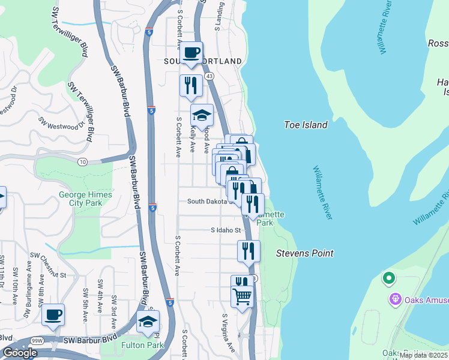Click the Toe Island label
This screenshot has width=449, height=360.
[x=306, y=125]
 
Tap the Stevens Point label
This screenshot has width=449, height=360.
[x=304, y=253]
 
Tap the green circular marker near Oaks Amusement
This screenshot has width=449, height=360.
[x=388, y=278]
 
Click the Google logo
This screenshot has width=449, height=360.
[x=20, y=353]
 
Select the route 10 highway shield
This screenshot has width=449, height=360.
[x=82, y=161]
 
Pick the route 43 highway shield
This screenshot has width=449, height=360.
[x=209, y=77]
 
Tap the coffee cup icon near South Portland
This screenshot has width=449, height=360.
[x=191, y=53]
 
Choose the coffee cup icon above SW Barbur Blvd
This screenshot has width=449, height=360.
[x=53, y=314]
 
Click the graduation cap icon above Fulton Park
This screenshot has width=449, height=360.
[x=148, y=322]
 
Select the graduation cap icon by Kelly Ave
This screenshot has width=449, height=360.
[x=202, y=115]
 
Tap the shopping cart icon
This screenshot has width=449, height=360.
[x=242, y=295]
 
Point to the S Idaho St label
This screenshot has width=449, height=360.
[x=226, y=230]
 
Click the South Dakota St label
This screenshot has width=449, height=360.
[x=209, y=202]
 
